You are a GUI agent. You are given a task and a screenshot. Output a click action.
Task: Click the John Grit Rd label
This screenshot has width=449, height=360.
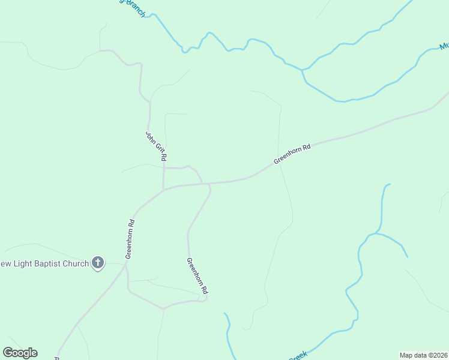tap(156, 146)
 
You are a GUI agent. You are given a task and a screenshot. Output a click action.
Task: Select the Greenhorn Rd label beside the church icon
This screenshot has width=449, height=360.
tap(130, 239)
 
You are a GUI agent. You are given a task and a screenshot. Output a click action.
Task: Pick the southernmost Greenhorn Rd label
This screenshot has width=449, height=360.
tap(197, 275)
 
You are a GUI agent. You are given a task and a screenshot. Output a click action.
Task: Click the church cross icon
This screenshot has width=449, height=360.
tap(98, 263)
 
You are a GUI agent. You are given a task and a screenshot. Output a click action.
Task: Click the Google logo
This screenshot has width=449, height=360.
tap(20, 353)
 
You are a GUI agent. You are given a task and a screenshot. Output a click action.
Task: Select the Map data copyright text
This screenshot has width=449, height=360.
tap(424, 355)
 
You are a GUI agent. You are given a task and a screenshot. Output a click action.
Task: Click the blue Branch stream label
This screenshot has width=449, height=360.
tap(134, 8)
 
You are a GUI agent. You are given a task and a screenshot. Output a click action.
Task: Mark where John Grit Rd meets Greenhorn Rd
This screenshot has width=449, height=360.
tap(164, 190)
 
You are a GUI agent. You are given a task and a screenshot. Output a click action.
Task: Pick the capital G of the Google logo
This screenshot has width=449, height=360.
tap(8, 353)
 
